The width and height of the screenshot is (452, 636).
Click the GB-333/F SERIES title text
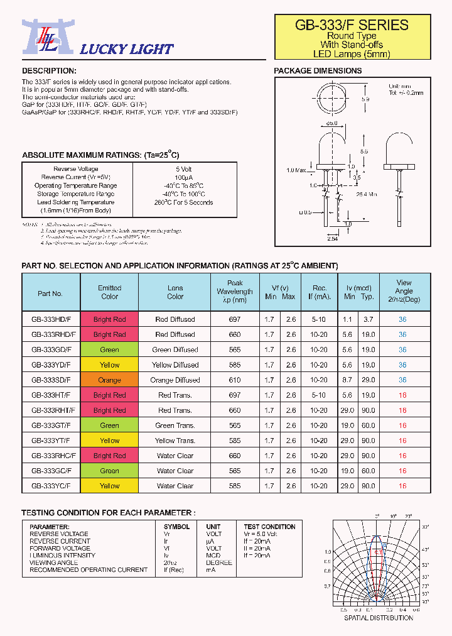[352, 25]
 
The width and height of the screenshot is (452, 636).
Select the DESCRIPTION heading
[49, 71]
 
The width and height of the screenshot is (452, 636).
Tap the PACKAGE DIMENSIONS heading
[318, 71]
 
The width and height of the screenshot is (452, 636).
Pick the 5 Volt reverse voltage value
[184, 169]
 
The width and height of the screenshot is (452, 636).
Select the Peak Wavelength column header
[235, 292]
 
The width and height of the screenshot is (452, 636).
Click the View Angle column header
[404, 291]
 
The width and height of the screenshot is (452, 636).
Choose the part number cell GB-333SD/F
[51, 380]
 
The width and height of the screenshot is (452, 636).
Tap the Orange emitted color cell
[109, 380]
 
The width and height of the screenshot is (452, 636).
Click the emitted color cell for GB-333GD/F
[109, 350]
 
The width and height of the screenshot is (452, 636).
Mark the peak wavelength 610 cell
[235, 380]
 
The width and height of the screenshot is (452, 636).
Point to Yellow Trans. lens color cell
[175, 441]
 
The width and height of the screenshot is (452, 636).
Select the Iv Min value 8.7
[348, 380]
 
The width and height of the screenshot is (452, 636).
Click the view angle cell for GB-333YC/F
[402, 486]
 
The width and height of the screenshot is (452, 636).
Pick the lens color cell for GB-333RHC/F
[175, 456]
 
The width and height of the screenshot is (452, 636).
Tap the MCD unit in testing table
[213, 556]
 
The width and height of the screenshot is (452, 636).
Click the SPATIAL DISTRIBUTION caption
[379, 618]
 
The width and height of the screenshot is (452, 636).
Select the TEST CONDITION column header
[269, 527]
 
